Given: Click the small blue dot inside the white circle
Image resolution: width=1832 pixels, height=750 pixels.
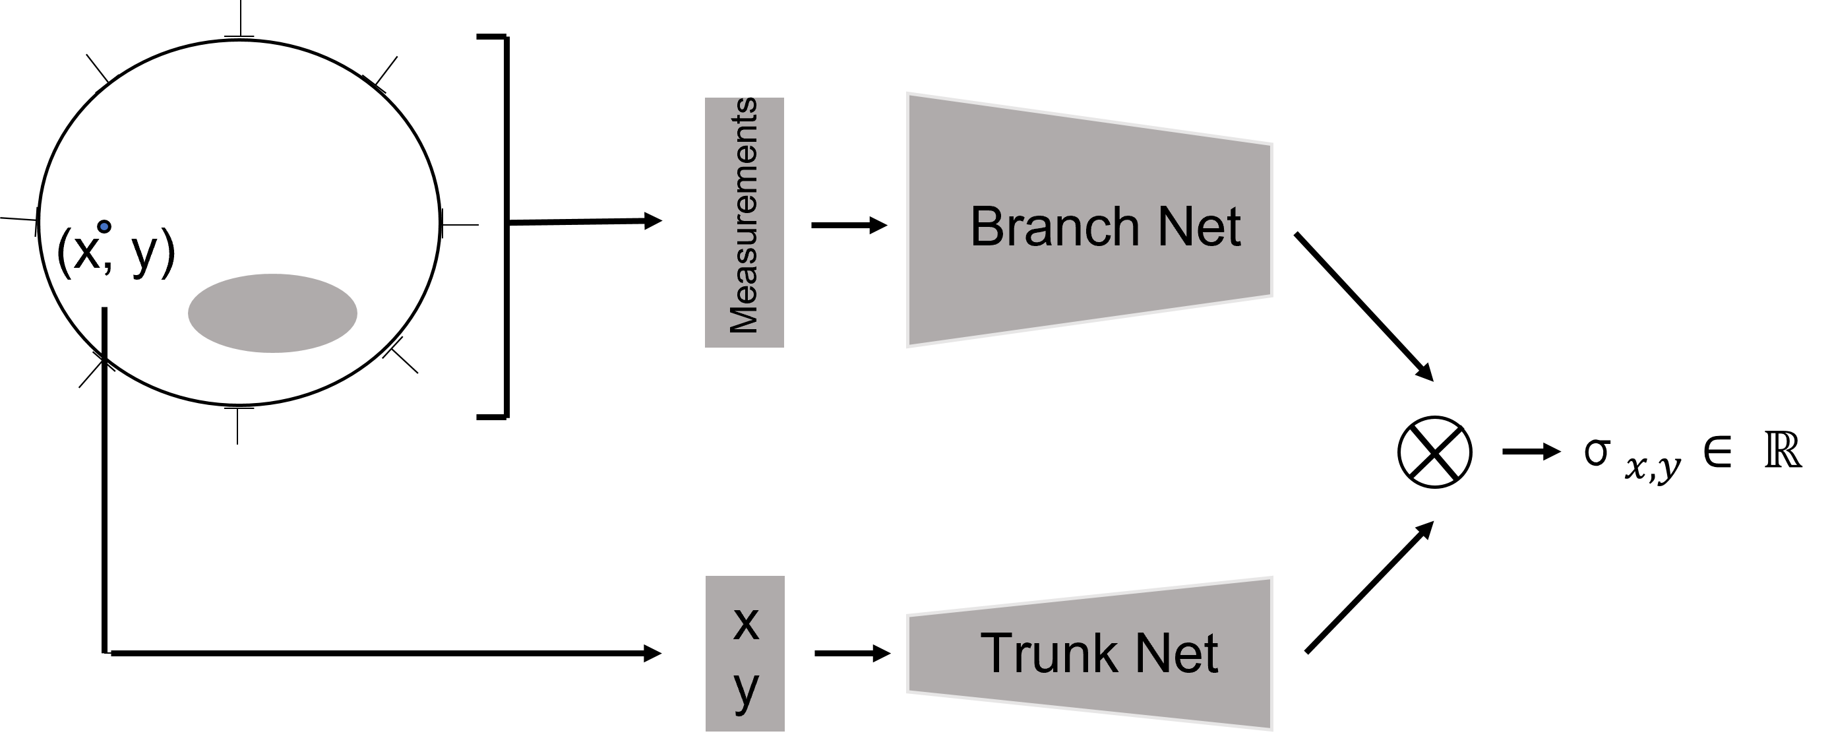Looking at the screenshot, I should click(x=104, y=227).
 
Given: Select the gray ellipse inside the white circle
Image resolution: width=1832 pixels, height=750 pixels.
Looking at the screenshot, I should click(x=272, y=313).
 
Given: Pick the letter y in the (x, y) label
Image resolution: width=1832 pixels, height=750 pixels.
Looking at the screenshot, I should click(x=144, y=255).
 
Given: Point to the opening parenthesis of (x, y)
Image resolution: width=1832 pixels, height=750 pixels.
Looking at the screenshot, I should click(x=63, y=253).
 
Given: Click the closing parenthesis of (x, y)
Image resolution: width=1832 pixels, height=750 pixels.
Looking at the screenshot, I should click(x=168, y=253).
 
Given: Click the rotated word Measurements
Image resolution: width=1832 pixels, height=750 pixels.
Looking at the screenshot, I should click(x=744, y=216).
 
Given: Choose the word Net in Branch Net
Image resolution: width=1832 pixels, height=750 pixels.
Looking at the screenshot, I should click(x=1199, y=227).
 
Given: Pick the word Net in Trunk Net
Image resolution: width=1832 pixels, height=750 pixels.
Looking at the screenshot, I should click(x=1176, y=652).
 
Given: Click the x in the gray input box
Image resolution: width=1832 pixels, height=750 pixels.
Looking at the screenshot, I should click(x=745, y=624).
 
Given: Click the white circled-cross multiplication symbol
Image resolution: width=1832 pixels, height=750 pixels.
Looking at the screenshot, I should click(x=1434, y=453).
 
